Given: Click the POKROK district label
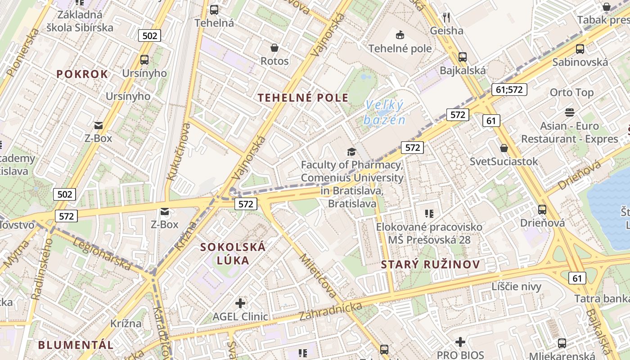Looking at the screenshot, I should point(82,74).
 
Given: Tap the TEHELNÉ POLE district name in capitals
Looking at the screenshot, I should point(303,98).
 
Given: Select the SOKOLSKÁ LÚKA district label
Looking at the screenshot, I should point(233,253).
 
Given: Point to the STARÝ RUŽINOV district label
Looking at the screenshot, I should point(431,265).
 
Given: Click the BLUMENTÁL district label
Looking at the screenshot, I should point(76,345).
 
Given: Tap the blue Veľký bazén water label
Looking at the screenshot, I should point(385,112).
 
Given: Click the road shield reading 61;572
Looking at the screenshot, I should point(509,90).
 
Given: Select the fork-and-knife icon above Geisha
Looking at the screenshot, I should point(446,18).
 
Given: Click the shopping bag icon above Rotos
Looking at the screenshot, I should point(274,48).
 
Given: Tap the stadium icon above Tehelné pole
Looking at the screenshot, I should point(400,35).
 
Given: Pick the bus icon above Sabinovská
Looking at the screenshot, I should point(580,49).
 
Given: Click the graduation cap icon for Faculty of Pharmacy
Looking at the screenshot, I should point(351,152).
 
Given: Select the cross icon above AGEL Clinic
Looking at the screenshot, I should point(240,303).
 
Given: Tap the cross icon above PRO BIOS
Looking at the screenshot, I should point(460,342).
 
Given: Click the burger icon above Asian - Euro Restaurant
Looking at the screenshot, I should point(570,112).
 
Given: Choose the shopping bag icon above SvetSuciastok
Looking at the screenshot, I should point(504,148).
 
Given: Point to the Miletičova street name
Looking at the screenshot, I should point(318,276).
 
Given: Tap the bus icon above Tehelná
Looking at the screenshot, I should point(214,9).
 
